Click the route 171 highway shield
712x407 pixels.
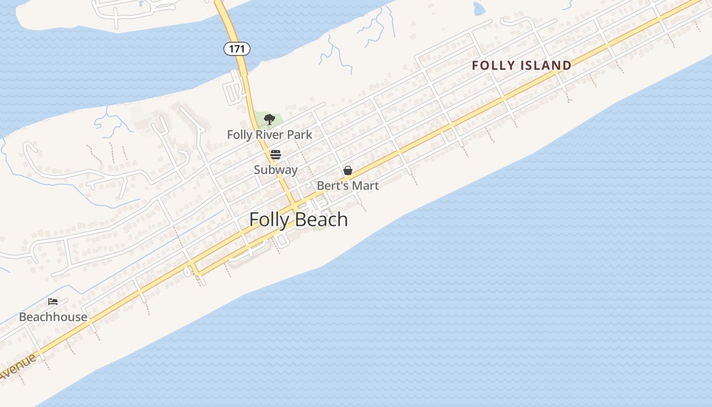pos(237,49)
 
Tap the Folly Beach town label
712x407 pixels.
pos(299,220)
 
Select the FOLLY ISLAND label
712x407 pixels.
pos(522,65)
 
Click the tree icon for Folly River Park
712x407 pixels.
pos(269,120)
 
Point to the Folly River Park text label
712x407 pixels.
pos(270,135)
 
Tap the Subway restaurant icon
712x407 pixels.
pos(276,154)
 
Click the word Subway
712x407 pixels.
pos(276,170)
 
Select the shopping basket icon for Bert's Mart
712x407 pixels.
pos(348,170)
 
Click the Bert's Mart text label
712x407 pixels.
pos(348,186)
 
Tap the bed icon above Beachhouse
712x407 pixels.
pos(53,301)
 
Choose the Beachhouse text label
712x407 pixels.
pos(53,317)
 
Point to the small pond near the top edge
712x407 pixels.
pos(479,8)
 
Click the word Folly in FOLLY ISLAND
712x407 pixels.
pos(490,65)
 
